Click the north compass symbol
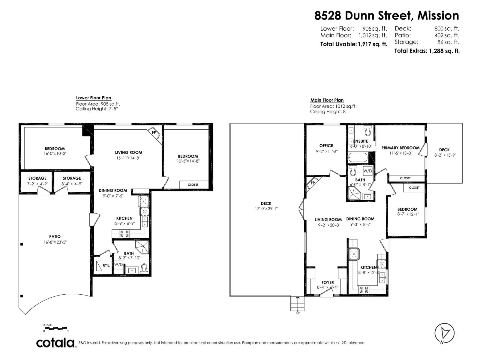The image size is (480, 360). tap(444, 333)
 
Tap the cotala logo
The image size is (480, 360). tap(55, 343)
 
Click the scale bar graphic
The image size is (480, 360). tap(56, 328)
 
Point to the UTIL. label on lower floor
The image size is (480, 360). tap(106, 265)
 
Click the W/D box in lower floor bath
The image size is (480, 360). tap(118, 265)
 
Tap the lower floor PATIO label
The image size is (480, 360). tap(55, 236)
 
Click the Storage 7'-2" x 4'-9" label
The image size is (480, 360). tap(37, 181)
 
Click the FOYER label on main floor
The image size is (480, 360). tap(328, 283)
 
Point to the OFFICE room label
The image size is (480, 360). tap(326, 145)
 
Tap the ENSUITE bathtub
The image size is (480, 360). tap(358, 157)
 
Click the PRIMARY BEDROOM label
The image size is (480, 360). tap(400, 148)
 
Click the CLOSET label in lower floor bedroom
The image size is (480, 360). tap(193, 184)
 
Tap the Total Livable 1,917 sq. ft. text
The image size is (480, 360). tap(353, 44)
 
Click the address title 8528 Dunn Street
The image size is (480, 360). tap(386, 16)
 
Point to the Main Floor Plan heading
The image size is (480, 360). tap(327, 100)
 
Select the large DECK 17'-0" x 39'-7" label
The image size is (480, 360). tap(266, 206)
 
